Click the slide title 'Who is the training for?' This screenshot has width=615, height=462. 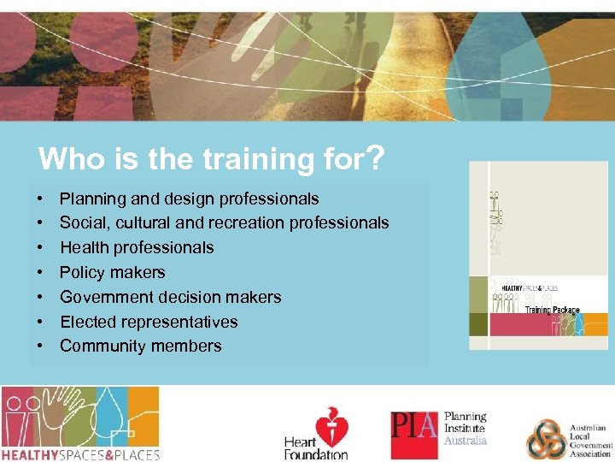click(210, 158)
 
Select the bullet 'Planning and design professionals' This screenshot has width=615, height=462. click(189, 198)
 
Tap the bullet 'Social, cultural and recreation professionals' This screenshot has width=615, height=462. click(224, 223)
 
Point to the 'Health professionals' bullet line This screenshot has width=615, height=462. click(137, 248)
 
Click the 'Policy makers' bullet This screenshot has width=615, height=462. click(112, 273)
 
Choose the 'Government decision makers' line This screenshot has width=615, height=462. click(170, 297)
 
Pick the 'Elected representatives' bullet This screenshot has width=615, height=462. click(149, 322)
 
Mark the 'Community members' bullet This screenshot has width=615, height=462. click(140, 346)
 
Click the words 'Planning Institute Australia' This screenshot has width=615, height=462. click(465, 429)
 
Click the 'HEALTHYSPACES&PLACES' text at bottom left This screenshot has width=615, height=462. click(80, 453)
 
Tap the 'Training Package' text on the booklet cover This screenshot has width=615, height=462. click(552, 310)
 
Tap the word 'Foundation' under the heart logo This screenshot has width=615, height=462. click(316, 455)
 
